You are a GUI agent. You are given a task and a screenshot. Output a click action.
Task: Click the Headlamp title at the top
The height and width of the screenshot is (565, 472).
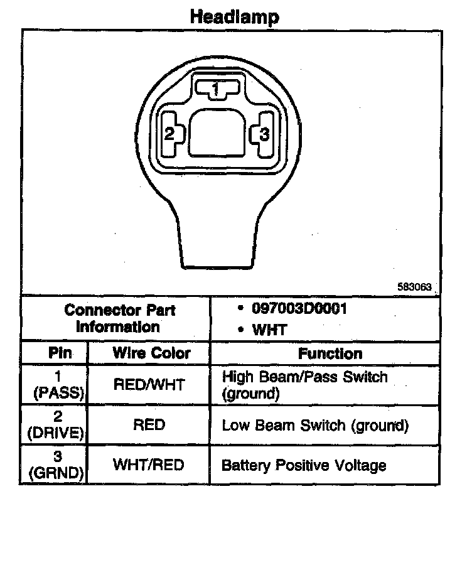point(235,16)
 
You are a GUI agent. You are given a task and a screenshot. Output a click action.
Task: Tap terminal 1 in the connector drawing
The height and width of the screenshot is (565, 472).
point(215,89)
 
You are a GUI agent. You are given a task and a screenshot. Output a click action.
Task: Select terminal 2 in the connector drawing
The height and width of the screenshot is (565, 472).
point(169,134)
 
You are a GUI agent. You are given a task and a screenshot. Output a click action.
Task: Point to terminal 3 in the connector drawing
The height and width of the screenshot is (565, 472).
point(264,134)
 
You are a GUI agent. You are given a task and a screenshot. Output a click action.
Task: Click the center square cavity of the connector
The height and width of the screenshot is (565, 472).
point(217,132)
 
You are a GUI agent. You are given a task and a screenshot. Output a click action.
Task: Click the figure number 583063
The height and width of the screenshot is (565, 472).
point(414,286)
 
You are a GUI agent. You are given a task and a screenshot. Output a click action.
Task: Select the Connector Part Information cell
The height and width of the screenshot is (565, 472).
point(120,318)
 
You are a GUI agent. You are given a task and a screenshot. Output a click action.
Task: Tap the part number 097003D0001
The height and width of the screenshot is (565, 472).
point(299,309)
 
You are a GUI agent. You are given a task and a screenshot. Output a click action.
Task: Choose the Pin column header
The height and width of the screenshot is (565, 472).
point(60,353)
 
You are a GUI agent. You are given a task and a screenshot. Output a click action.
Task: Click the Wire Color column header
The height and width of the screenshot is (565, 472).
point(151,353)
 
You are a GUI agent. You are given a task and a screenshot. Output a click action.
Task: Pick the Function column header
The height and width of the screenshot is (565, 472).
point(330,353)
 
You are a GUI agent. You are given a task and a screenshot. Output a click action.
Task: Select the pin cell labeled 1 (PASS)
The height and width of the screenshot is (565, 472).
point(58,385)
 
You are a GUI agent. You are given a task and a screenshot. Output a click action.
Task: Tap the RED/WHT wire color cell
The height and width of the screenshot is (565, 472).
point(149,385)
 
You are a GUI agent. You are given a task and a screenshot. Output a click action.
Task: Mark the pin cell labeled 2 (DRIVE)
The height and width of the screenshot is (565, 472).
point(58,425)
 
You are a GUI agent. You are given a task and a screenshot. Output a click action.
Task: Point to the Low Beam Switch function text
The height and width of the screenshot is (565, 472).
point(315,425)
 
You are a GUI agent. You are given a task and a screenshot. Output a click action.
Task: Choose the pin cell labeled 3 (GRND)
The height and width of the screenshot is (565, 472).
point(58,465)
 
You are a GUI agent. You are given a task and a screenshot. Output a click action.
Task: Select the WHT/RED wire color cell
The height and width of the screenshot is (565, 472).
point(149,465)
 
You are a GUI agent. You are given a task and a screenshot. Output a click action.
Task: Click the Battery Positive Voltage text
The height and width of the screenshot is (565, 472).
point(304,465)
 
